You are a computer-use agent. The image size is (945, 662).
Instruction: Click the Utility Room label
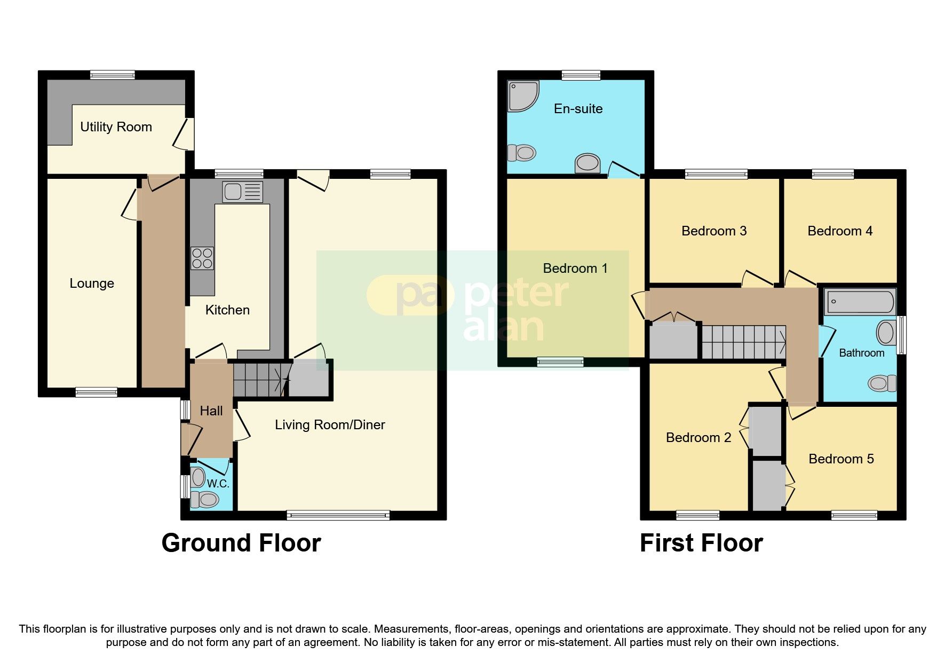(x=116, y=127)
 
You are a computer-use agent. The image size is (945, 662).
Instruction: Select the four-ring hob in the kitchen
(x=202, y=258)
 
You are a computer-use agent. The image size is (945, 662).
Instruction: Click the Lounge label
(x=92, y=283)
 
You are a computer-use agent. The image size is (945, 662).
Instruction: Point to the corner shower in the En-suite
(x=522, y=96)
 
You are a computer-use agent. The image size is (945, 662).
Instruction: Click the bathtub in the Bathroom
(x=859, y=302)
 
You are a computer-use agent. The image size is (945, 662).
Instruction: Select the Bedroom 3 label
(x=714, y=231)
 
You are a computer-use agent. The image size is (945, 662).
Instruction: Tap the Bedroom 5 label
(x=841, y=459)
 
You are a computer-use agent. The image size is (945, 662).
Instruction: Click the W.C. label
(x=218, y=484)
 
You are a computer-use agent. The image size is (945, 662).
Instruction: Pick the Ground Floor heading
(x=241, y=543)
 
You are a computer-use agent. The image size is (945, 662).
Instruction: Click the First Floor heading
(x=701, y=543)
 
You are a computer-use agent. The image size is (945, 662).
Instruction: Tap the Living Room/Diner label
(x=330, y=425)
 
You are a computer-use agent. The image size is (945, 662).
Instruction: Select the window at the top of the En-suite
(x=581, y=75)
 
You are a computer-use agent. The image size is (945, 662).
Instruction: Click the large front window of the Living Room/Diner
(x=338, y=515)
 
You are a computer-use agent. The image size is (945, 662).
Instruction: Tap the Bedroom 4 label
(x=840, y=231)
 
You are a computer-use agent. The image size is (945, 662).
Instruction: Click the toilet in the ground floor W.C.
(x=205, y=500)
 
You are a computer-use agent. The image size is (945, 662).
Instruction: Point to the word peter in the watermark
(x=516, y=293)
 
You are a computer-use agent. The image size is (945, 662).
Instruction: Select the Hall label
(x=211, y=411)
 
